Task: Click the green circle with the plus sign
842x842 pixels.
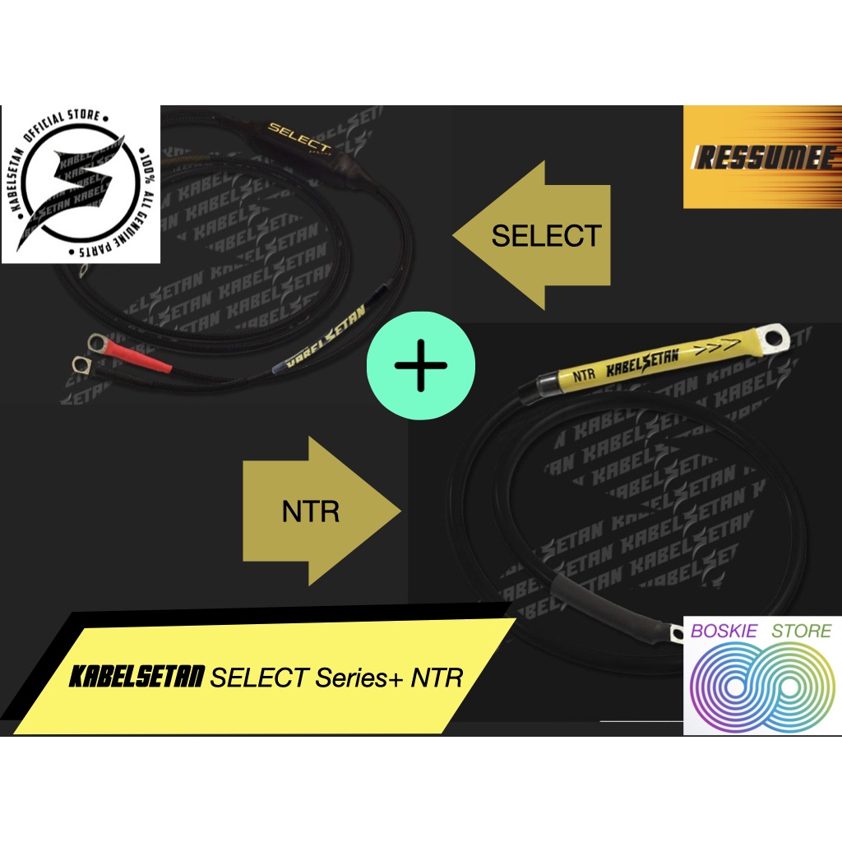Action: [x=420, y=365]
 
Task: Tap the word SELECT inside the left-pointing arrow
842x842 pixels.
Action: [x=546, y=236]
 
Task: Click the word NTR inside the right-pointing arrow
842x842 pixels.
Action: [x=311, y=512]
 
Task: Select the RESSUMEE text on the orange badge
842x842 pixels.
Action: [x=754, y=156]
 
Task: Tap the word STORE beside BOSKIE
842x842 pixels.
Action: [x=801, y=631]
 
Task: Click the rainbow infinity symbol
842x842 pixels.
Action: [x=761, y=686]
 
